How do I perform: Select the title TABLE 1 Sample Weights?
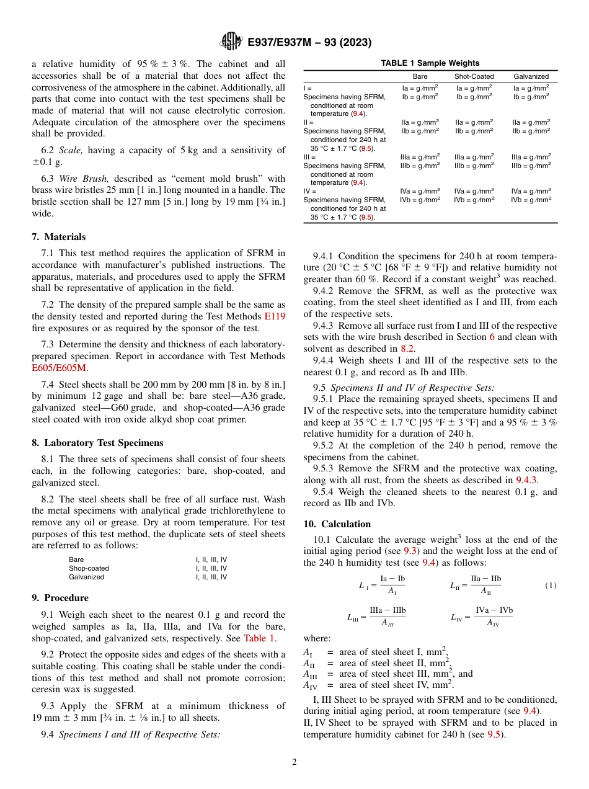(x=430, y=63)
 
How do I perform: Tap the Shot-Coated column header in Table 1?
(x=474, y=76)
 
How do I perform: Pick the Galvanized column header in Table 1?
(x=531, y=76)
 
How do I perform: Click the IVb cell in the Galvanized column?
(x=531, y=200)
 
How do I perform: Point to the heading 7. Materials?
(x=59, y=237)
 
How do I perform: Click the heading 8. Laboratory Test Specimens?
(x=97, y=443)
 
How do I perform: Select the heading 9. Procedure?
(x=60, y=598)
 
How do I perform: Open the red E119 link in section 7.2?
(x=275, y=316)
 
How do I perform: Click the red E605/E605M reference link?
(x=60, y=367)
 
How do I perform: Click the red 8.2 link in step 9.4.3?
(x=407, y=349)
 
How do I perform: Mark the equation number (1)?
(x=550, y=585)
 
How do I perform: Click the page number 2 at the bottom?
(x=294, y=762)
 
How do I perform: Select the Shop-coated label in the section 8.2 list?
(x=89, y=568)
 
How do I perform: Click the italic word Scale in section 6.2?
(x=70, y=150)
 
